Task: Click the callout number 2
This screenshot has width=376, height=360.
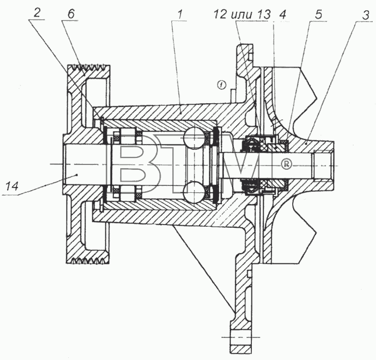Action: point(37,13)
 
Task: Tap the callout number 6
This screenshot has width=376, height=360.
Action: point(71,14)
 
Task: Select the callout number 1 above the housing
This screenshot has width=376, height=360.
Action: point(180,15)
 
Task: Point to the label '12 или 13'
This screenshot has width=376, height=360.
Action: point(242,15)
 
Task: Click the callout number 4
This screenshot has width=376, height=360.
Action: point(283,15)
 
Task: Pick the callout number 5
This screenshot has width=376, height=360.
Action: point(318,15)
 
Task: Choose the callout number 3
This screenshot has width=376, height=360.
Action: point(365,15)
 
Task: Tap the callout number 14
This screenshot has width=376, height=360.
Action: point(12,186)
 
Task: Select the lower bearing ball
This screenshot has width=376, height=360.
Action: point(194,192)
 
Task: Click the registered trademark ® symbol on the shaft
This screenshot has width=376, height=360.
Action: point(286,164)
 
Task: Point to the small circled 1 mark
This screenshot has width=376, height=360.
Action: point(222,85)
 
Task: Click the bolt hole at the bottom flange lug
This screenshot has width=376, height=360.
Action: point(241,337)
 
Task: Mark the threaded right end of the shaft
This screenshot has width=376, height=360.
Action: point(323,163)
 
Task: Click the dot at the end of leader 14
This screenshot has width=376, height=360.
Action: point(77,175)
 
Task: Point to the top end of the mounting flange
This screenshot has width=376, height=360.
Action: point(244,45)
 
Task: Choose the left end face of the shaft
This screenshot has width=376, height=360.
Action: point(63,164)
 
